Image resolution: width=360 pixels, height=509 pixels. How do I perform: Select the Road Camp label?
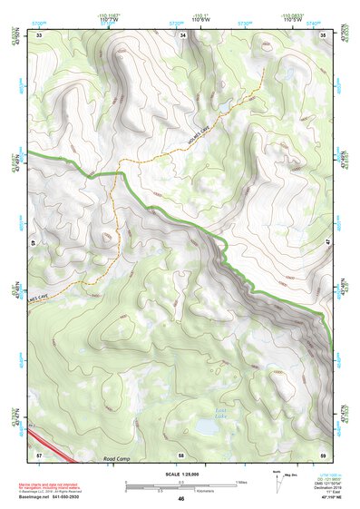coord(118,459)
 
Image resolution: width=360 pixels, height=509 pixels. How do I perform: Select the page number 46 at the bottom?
coord(180,500)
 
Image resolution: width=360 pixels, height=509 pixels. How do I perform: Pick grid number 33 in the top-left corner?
coord(39,34)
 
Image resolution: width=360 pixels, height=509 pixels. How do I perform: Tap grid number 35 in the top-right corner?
coord(324,34)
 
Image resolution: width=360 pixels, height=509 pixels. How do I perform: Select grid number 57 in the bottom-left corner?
coord(39,454)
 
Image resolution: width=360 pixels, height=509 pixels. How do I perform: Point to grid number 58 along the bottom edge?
coord(181,454)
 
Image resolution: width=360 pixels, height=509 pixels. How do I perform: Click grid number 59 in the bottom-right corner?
coord(324,454)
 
